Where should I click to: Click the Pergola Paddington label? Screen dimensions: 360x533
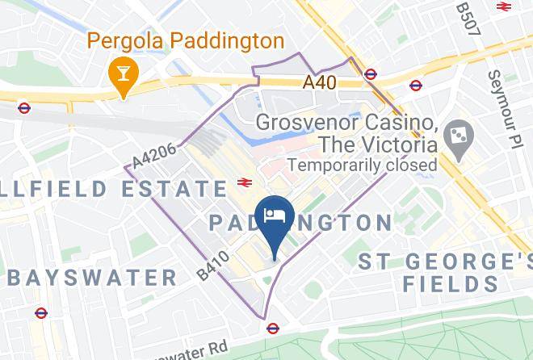(185, 40)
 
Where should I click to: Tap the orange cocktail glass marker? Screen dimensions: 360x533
(124, 75)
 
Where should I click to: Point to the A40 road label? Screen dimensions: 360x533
(320, 82)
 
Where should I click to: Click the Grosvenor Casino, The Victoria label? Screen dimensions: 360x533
(348, 135)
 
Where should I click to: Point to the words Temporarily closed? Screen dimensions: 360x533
(363, 165)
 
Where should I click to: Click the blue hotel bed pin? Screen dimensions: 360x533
(274, 219)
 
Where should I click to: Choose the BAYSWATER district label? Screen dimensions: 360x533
(91, 278)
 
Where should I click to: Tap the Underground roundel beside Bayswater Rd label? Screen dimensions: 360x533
(273, 329)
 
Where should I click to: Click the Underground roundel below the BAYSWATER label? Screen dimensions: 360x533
(41, 312)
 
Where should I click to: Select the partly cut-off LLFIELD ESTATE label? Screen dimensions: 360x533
(113, 190)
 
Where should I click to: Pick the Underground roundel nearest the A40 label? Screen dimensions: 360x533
(371, 74)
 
